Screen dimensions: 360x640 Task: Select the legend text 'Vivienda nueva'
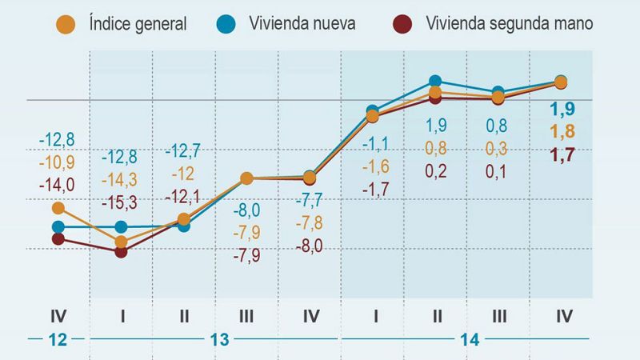(302, 23)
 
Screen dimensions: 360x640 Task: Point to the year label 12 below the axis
(58, 339)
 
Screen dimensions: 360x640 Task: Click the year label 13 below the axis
(219, 339)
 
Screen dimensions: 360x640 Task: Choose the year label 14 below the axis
(470, 339)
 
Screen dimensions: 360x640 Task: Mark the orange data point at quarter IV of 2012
(58, 208)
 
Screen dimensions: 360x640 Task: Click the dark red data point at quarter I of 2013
(121, 251)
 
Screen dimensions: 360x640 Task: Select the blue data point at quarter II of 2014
(435, 81)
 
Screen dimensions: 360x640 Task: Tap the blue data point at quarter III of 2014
(498, 92)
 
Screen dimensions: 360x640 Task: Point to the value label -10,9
(58, 162)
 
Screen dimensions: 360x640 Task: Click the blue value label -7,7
(310, 201)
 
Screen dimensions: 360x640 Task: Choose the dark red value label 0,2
(435, 170)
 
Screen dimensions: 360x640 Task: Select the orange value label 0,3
(498, 148)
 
